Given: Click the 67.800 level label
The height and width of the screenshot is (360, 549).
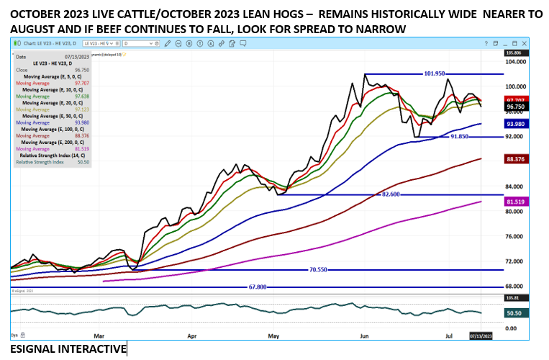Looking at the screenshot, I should coord(258,287).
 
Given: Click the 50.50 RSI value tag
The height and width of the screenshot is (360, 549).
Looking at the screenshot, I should coord(514,312).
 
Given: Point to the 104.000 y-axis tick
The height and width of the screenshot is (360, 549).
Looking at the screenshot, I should coord(515,62).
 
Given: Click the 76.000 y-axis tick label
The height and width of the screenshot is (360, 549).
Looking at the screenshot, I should coord(514,236).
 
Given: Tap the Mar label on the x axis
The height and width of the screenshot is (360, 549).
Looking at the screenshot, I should coord(100,336).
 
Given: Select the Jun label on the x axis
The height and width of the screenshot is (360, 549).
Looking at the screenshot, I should coord(364,336).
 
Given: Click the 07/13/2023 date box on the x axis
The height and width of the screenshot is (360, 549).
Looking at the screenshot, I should coord(480,336).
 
